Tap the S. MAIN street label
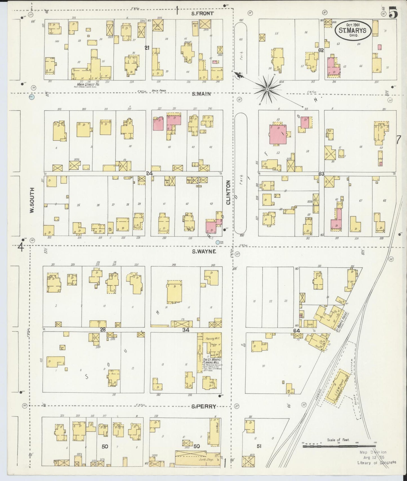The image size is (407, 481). [201, 94]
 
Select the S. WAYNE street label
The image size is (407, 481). [204, 251]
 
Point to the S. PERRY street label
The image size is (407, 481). [204, 406]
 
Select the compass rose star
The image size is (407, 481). [266, 89]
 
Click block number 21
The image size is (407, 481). [147, 48]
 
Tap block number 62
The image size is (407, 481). [321, 50]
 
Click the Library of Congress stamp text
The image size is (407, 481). [377, 462]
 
